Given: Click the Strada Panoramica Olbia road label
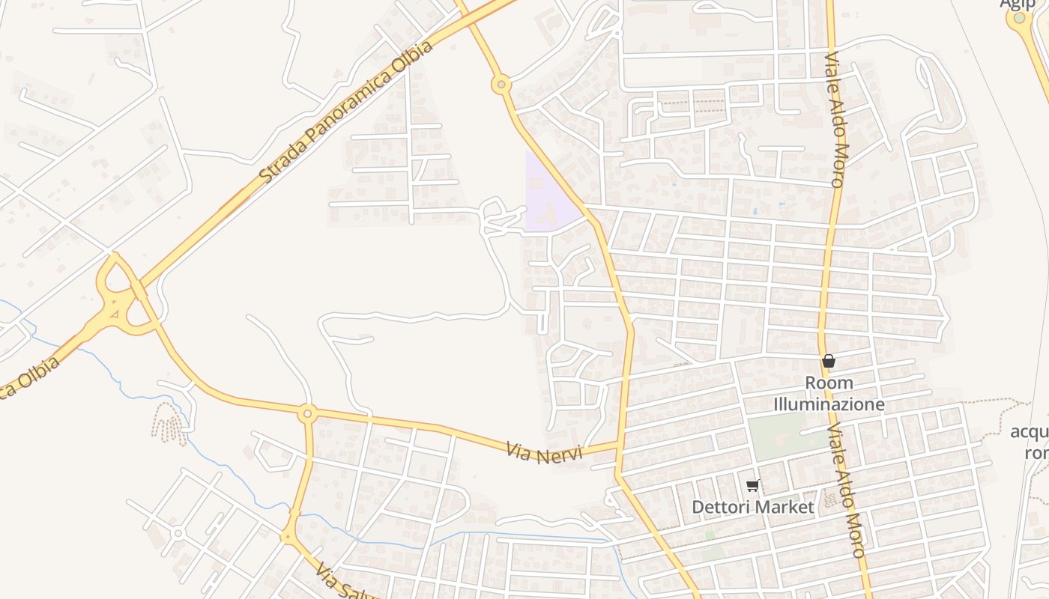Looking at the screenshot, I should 347,113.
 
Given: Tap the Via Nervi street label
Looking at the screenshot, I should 544,452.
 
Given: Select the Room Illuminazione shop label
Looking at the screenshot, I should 829,394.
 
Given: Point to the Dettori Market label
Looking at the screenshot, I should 752,507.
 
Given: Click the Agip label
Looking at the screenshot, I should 1017,4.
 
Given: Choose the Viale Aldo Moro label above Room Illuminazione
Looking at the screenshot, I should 835,120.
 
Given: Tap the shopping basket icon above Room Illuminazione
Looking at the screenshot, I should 828,362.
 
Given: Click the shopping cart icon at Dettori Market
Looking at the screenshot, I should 752,485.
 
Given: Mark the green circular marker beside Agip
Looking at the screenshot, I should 1019,17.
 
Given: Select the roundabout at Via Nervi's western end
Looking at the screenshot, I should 306,413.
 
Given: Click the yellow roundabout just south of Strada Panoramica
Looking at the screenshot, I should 501,85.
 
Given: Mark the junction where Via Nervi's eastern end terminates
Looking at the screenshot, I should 619,447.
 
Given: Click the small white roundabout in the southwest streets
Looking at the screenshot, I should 178,533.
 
